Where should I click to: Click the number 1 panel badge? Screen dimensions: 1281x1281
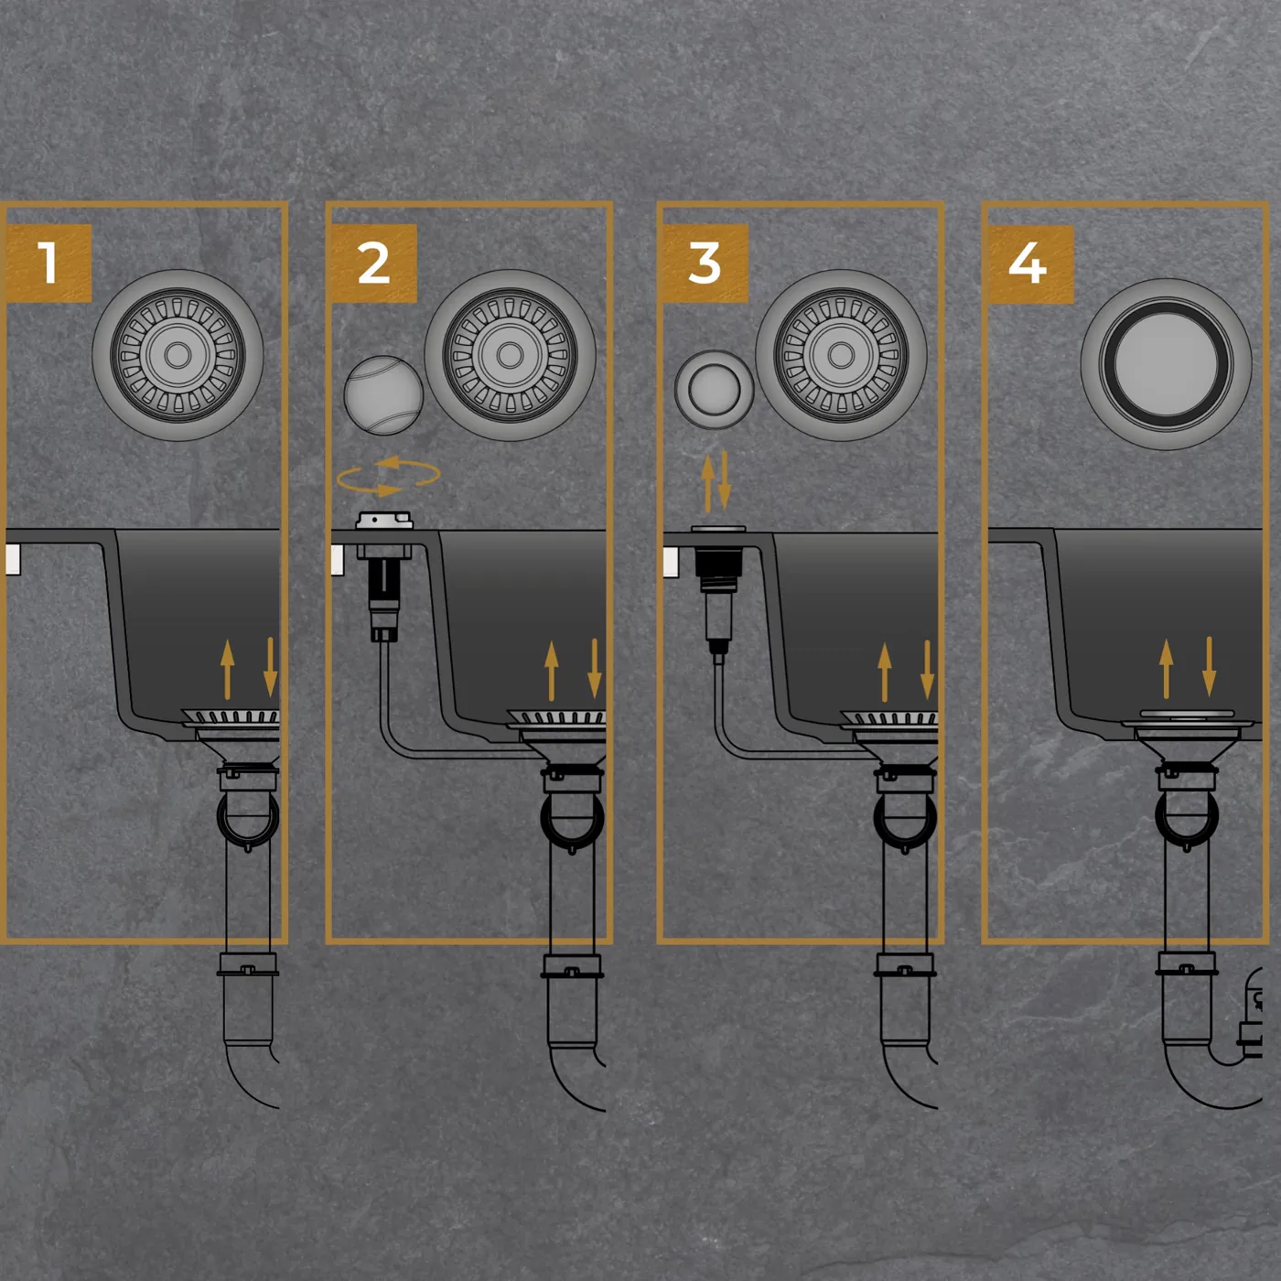[48, 264]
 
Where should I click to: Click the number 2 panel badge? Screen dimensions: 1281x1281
[373, 264]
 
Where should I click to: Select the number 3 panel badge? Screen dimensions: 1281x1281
[705, 264]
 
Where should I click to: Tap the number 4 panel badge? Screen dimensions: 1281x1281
[1030, 264]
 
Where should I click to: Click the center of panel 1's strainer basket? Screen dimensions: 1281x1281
[178, 355]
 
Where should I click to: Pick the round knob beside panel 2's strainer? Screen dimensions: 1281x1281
[383, 395]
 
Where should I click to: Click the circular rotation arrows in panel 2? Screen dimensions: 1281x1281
[388, 476]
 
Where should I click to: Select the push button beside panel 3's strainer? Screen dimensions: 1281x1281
[714, 390]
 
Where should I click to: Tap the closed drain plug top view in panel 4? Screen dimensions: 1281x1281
[1166, 364]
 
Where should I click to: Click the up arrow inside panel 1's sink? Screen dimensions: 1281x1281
[227, 670]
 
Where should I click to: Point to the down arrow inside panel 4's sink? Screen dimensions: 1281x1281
[1210, 667]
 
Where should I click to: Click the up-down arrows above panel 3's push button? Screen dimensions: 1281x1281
[716, 482]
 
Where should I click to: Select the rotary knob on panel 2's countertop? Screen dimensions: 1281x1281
[384, 521]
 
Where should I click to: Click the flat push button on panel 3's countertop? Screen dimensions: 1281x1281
[718, 529]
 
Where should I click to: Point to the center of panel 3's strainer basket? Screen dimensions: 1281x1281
[841, 355]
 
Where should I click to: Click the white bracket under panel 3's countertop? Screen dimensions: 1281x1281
[671, 563]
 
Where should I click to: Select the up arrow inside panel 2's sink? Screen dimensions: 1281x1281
[551, 671]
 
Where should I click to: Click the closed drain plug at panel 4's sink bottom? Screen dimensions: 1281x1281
[1188, 717]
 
